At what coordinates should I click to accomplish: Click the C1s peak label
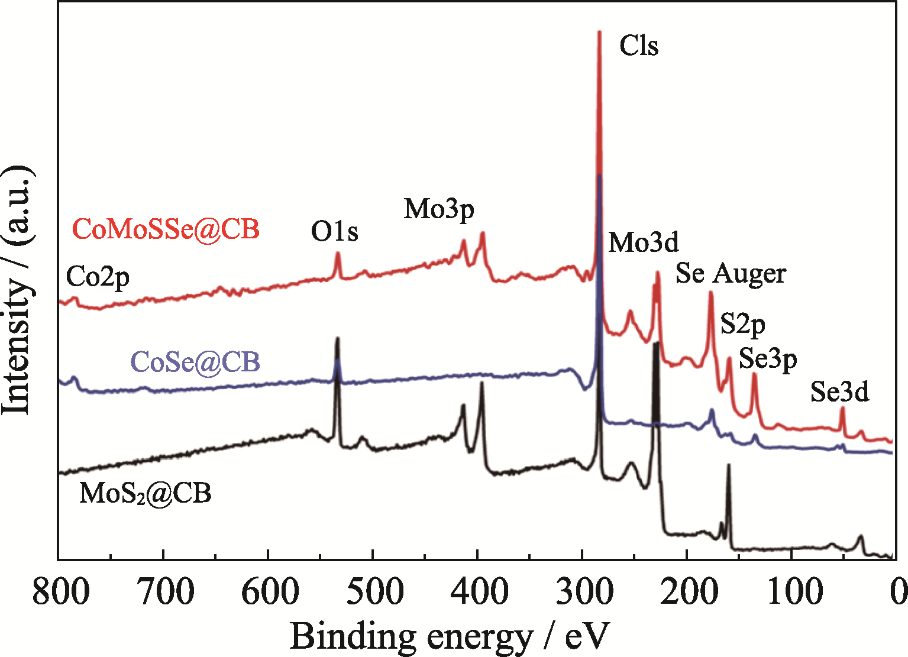tap(639, 46)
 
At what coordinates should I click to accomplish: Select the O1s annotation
tap(335, 232)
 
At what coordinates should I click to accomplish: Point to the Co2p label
tap(98, 277)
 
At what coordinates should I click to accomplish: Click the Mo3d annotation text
tap(644, 242)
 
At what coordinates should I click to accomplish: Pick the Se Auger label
tap(731, 274)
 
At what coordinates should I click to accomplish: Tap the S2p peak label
tap(742, 324)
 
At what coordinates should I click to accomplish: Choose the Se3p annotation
tap(768, 358)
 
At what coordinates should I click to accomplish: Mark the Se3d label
tap(839, 391)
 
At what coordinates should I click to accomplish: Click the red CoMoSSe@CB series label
tap(166, 229)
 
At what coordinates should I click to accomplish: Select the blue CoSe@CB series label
tap(195, 362)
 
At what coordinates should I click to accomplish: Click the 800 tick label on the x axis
tap(61, 591)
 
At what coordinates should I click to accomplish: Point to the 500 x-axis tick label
tap(374, 591)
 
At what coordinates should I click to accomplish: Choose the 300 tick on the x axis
tap(583, 591)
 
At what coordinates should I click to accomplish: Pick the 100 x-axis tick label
tap(791, 591)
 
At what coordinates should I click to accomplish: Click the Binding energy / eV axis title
tap(449, 637)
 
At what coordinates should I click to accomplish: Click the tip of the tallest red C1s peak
tap(599, 32)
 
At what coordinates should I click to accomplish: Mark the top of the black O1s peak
tap(338, 338)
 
